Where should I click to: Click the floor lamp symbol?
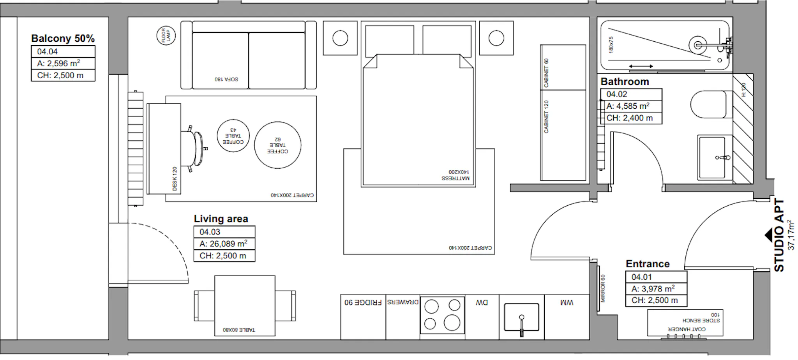pyautogui.click(x=166, y=36)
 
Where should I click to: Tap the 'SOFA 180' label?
pyautogui.click(x=226, y=79)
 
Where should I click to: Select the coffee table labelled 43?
pyautogui.click(x=233, y=136)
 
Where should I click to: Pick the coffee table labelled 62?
pyautogui.click(x=278, y=145)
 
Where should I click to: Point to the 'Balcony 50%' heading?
pyautogui.click(x=63, y=38)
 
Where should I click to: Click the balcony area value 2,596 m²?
pyautogui.click(x=58, y=63)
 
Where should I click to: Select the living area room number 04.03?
pyautogui.click(x=210, y=232)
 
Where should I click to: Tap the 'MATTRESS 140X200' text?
pyautogui.click(x=455, y=175)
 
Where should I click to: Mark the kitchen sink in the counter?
pyautogui.click(x=521, y=318)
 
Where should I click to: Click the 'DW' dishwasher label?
pyautogui.click(x=482, y=302)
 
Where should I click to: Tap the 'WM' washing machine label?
pyautogui.click(x=567, y=302)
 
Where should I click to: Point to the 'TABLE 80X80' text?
pyautogui.click(x=239, y=330)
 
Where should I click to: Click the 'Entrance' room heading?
pyautogui.click(x=648, y=264)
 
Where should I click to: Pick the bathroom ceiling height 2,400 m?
pyautogui.click(x=630, y=118)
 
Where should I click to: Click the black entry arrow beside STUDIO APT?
pyautogui.click(x=769, y=236)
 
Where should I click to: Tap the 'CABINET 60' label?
pyautogui.click(x=546, y=73)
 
